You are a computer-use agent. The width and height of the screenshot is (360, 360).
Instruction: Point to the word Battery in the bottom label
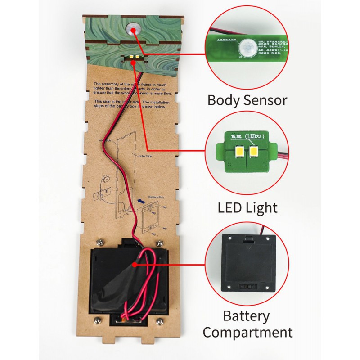click(246, 316)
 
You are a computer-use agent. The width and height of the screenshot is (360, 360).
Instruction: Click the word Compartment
click(247, 333)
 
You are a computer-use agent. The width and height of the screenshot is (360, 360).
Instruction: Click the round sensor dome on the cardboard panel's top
click(132, 29)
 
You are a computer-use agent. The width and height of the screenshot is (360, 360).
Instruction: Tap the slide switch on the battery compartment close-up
click(246, 286)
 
